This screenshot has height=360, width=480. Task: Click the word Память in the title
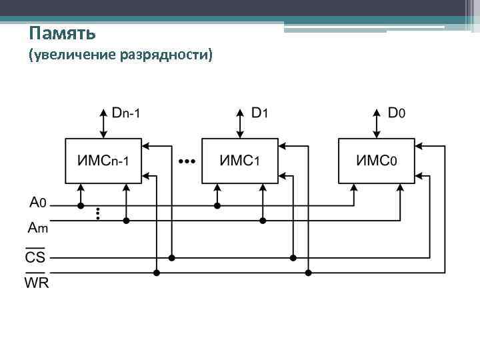(63, 33)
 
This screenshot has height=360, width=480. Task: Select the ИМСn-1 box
(103, 161)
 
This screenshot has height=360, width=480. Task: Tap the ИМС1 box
(239, 161)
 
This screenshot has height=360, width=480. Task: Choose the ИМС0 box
(377, 161)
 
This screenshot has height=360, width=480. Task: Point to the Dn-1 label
(126, 113)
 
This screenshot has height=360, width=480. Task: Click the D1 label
(259, 113)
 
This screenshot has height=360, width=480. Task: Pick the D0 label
(396, 113)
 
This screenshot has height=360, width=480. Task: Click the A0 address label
(37, 201)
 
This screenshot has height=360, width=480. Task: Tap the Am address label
(37, 228)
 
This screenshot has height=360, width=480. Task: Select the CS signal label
(35, 257)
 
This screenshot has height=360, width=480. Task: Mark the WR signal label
(37, 283)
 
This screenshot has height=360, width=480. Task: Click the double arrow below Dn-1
(103, 121)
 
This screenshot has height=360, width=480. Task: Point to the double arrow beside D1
(239, 121)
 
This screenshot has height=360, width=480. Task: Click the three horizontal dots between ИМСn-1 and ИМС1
(187, 161)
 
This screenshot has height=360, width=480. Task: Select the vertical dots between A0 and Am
(98, 213)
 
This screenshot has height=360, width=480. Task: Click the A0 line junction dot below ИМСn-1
(81, 205)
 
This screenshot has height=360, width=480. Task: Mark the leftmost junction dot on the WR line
(157, 272)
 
